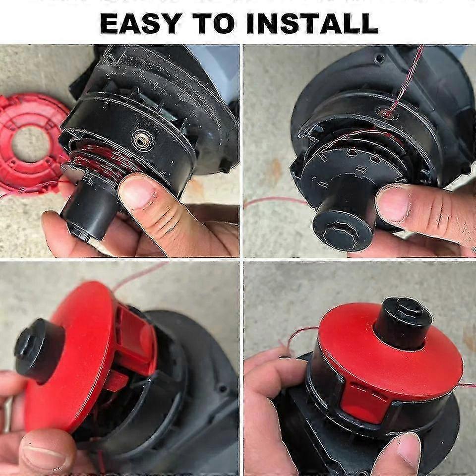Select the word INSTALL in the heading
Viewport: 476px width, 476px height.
(x=313, y=24)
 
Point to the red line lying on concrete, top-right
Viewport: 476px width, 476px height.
(x=275, y=200)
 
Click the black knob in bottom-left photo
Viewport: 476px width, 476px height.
(x=40, y=351)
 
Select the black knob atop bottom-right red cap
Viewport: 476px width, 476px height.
(x=402, y=323)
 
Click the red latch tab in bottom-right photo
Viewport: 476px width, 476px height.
(x=364, y=402)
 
